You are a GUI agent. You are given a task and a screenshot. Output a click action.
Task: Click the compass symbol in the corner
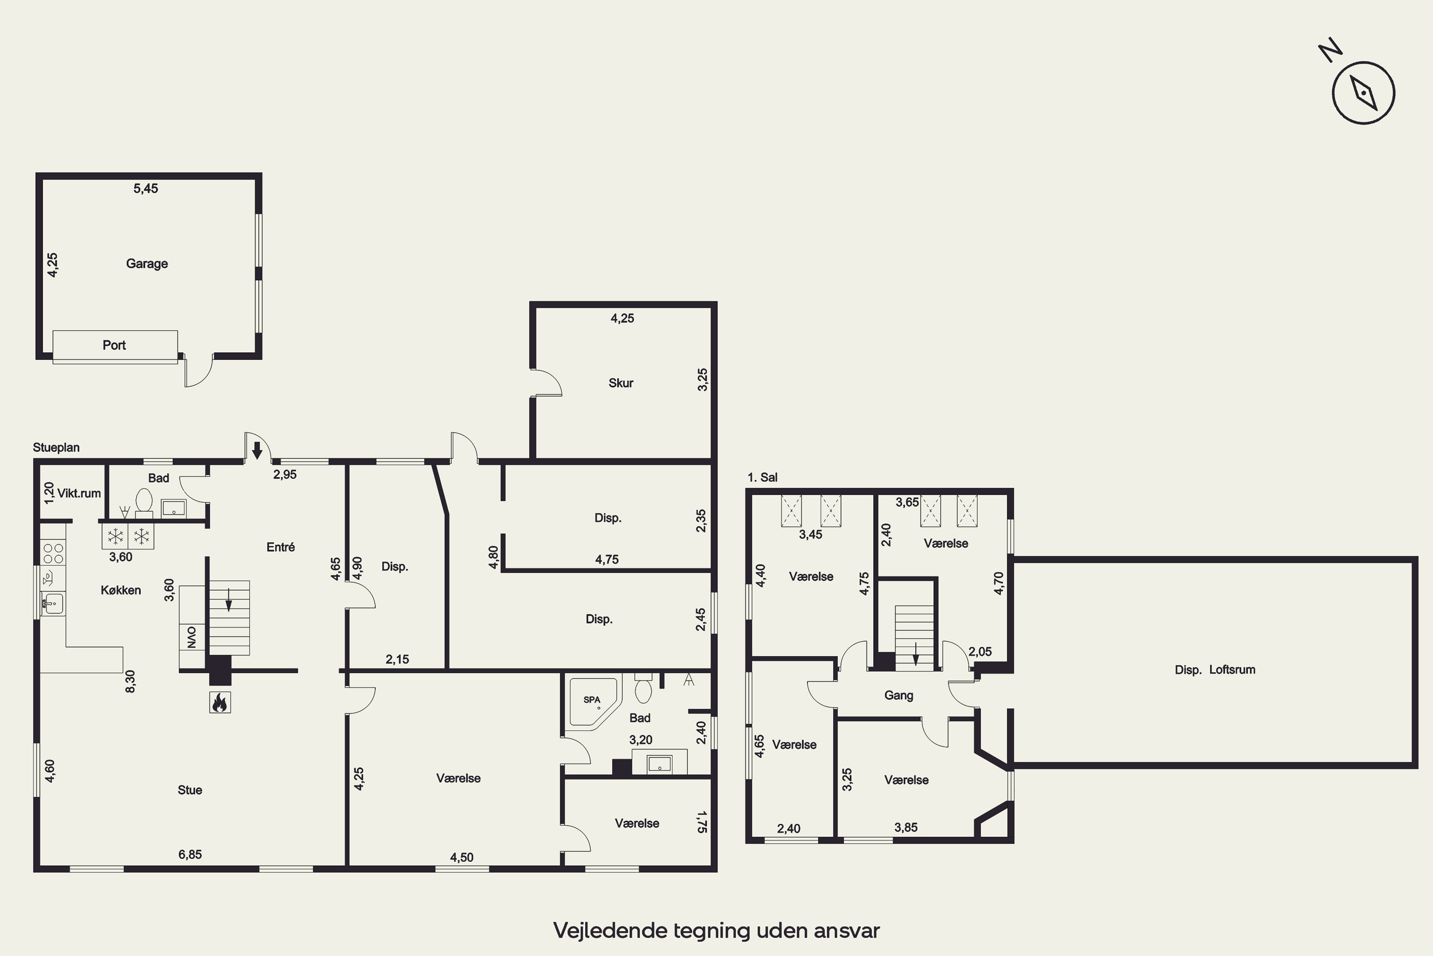(1363, 93)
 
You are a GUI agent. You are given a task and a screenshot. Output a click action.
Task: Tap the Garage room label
(147, 263)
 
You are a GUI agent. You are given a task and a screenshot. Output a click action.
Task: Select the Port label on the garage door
(114, 345)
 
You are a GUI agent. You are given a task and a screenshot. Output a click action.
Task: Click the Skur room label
(621, 383)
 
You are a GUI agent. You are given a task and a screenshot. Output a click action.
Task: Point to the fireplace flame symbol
(219, 702)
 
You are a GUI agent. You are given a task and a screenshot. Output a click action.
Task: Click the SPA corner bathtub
(592, 703)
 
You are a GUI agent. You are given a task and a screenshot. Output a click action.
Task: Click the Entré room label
(280, 547)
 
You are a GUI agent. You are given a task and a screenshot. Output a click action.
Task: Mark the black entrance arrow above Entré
(257, 450)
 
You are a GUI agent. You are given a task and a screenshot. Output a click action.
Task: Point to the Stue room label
(190, 790)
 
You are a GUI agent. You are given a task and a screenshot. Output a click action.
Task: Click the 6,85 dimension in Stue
(190, 854)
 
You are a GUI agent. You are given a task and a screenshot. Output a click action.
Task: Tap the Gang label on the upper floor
(898, 695)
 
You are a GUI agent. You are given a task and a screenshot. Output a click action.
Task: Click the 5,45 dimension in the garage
(146, 188)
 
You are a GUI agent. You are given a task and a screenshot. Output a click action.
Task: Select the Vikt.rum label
(79, 493)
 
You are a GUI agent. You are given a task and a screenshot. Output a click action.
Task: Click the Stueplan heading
(56, 447)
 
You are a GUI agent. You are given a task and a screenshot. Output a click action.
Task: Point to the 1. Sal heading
(762, 478)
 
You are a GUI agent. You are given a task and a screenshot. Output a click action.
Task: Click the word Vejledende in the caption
(610, 930)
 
